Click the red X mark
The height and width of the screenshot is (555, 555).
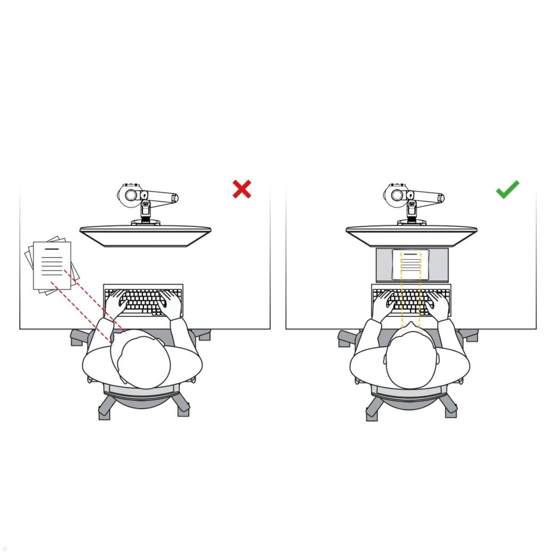[242, 189]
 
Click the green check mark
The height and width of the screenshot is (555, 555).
[507, 190]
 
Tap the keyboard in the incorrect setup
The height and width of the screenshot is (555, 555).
[143, 301]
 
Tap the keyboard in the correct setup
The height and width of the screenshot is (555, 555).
[411, 301]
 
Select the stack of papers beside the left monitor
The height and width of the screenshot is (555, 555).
[50, 265]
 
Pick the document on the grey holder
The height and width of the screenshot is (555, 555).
[411, 264]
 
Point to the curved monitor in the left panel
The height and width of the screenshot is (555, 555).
[145, 235]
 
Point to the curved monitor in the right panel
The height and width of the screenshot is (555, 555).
[412, 235]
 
